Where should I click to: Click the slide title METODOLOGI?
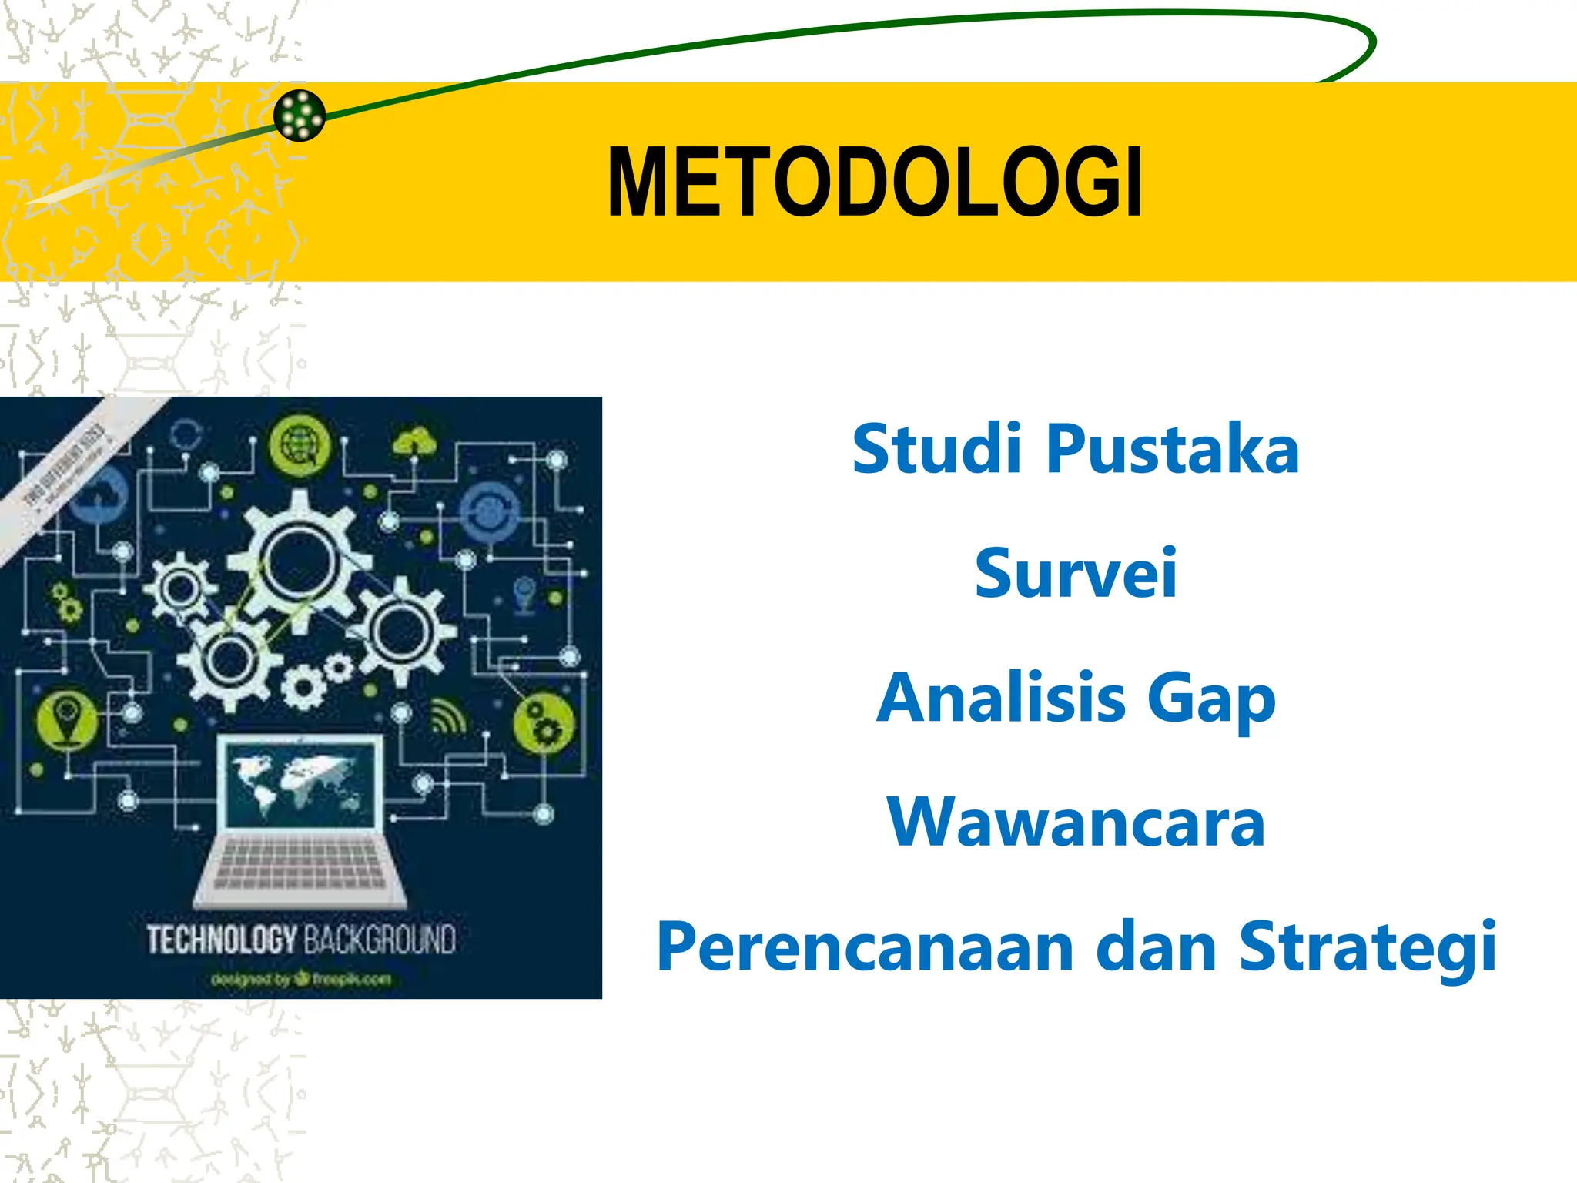pyautogui.click(x=875, y=183)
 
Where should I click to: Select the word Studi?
pyautogui.click(x=936, y=449)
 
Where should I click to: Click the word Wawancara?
pyautogui.click(x=1076, y=822)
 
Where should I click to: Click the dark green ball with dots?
pyautogui.click(x=300, y=116)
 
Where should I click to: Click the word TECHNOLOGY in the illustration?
pyautogui.click(x=222, y=940)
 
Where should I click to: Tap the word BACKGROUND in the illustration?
pyautogui.click(x=379, y=940)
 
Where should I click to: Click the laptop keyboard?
pyautogui.click(x=300, y=867)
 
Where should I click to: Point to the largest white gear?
pyautogui.click(x=298, y=560)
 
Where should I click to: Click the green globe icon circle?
pyautogui.click(x=300, y=446)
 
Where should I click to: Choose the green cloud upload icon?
pyautogui.click(x=415, y=443)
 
